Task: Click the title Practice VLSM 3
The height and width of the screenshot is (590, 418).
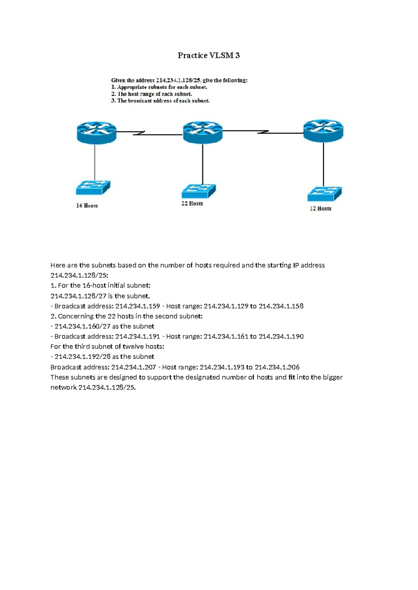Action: coord(209,55)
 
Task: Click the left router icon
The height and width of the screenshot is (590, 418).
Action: coord(96,133)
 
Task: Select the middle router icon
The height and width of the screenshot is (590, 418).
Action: coord(203,132)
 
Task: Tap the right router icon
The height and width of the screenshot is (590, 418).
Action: coord(323,130)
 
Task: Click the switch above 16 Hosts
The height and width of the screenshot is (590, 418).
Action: coord(93,188)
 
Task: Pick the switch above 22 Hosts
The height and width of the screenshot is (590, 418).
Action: coord(199,191)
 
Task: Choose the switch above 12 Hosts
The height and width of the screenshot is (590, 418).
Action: coord(324,194)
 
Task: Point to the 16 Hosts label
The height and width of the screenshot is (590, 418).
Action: coord(87,206)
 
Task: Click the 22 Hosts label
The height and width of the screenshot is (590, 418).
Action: coord(192,204)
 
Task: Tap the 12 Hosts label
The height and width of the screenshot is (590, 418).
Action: coord(320,208)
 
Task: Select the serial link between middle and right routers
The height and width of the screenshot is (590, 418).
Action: coord(263,132)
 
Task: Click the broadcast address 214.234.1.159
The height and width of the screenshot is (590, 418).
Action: coord(138,306)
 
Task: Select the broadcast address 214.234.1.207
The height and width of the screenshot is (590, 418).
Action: coord(133,367)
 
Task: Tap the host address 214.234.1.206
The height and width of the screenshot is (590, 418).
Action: coord(277,367)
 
